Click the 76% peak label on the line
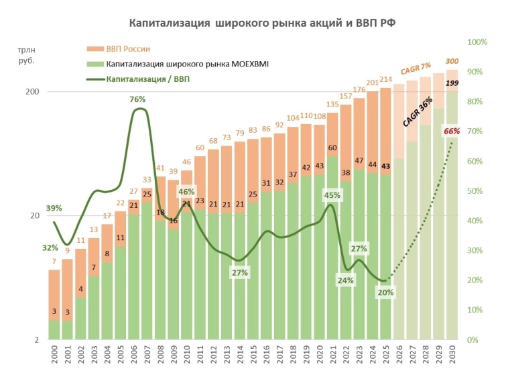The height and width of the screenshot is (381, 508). [x=137, y=99]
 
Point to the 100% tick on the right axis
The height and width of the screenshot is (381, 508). [x=477, y=42]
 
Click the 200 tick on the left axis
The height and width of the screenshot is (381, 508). [x=32, y=92]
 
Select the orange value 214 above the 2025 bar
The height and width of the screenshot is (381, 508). [x=385, y=80]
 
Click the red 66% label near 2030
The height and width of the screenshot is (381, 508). [x=451, y=131]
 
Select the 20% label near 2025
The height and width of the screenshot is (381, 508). [x=385, y=292]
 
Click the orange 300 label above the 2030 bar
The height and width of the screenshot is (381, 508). [x=452, y=62]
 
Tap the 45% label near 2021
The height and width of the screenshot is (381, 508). [x=332, y=195]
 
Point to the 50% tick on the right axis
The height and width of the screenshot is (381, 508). [x=477, y=191]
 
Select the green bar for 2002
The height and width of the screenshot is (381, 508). [x=80, y=319]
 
